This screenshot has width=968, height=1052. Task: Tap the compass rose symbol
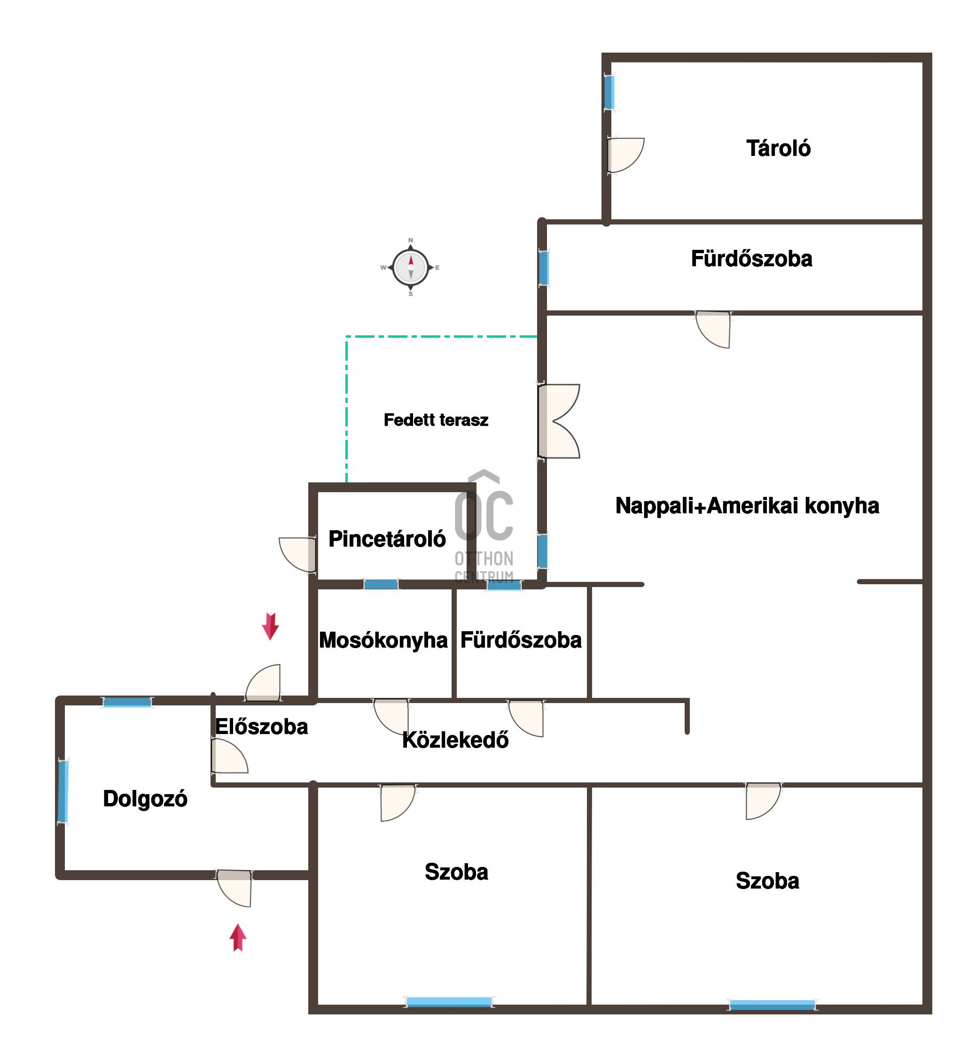click(411, 267)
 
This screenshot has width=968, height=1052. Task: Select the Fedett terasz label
click(436, 420)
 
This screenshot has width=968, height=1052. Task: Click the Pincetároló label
click(387, 539)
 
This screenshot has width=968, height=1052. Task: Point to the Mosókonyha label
click(383, 640)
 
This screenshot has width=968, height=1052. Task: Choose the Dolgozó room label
click(145, 799)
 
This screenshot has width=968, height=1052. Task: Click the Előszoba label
click(261, 727)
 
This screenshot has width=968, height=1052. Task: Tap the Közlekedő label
click(455, 740)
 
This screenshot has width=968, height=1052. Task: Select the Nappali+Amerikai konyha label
click(747, 506)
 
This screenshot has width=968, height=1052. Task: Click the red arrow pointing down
click(270, 627)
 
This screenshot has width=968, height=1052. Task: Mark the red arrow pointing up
click(238, 937)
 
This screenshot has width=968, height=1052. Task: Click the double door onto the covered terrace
click(558, 421)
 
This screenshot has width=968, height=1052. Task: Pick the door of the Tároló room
click(625, 155)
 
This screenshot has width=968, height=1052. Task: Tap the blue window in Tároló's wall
click(609, 92)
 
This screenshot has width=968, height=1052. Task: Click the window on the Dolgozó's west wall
click(63, 791)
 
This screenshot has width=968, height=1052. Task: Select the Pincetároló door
click(297, 554)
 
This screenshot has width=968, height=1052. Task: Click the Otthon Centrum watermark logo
click(484, 526)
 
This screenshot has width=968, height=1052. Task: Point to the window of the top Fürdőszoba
click(544, 268)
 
